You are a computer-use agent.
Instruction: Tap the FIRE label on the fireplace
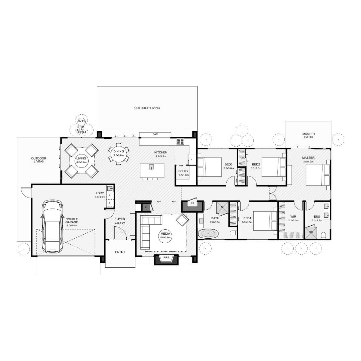point(166,258)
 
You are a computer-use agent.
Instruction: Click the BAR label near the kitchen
point(155,134)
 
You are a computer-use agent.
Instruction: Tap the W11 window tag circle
point(81,121)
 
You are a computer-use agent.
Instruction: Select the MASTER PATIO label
point(308,136)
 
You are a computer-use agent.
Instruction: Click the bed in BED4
point(265,221)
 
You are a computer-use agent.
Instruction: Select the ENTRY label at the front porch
point(120,252)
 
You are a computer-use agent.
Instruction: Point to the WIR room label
point(293,217)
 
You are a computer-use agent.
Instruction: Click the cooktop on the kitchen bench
point(180,141)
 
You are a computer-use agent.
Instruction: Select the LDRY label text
point(100,193)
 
